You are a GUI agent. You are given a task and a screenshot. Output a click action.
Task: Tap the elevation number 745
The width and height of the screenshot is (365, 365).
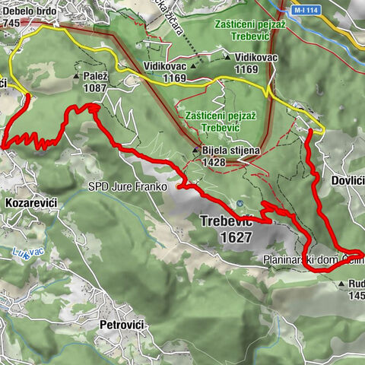(x=11, y=22)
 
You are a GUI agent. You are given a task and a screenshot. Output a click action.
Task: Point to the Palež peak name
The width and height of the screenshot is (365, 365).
(x=96, y=77)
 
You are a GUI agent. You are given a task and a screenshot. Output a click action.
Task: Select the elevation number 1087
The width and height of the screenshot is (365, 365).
(x=96, y=87)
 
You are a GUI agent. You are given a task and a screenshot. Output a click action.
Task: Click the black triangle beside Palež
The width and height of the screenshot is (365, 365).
(x=78, y=77)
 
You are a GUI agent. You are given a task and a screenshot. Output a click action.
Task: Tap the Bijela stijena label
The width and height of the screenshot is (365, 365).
(x=232, y=151)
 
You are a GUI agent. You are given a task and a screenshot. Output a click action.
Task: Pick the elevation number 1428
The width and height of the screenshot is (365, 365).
(x=217, y=162)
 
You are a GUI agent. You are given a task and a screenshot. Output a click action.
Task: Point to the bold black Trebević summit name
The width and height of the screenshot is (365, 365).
(x=227, y=221)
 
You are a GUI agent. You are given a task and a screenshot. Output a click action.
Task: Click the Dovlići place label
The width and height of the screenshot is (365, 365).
(x=348, y=182)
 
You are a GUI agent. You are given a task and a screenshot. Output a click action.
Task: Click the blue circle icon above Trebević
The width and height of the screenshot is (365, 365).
(x=240, y=204)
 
